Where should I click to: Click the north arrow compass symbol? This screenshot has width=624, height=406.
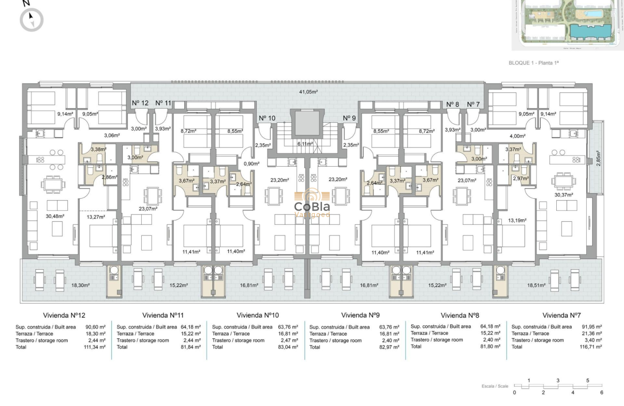[x=31, y=20]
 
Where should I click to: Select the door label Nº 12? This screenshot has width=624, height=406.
[x=140, y=103]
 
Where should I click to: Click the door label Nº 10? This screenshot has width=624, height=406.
[x=267, y=118]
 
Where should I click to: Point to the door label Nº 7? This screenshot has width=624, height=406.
[x=473, y=104]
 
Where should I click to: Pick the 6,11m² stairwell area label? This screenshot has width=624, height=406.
[x=305, y=144]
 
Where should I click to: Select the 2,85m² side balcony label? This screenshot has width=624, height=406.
[x=598, y=158]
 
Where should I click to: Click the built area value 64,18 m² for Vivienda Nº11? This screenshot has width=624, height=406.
[x=191, y=327]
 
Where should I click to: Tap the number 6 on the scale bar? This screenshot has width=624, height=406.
[x=602, y=392]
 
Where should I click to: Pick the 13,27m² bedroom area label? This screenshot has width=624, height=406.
[x=95, y=217]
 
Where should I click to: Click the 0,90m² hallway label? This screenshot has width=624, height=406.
[x=249, y=163]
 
